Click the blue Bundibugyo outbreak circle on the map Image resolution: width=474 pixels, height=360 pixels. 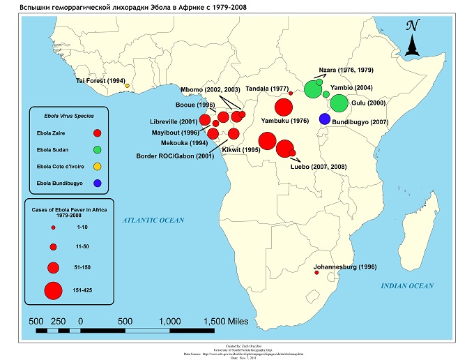pyautogui.click(x=324, y=119)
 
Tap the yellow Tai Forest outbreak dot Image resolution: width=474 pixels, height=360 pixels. pyautogui.click(x=128, y=87)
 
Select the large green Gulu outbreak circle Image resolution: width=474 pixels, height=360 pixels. pyautogui.click(x=339, y=103)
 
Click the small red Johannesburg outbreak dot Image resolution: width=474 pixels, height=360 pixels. pyautogui.click(x=317, y=273)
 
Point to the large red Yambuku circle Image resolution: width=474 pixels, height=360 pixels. pyautogui.click(x=284, y=107)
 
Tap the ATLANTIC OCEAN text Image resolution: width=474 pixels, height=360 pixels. pyautogui.click(x=154, y=220)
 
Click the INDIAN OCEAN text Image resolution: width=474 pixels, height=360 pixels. pyautogui.click(x=407, y=286)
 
